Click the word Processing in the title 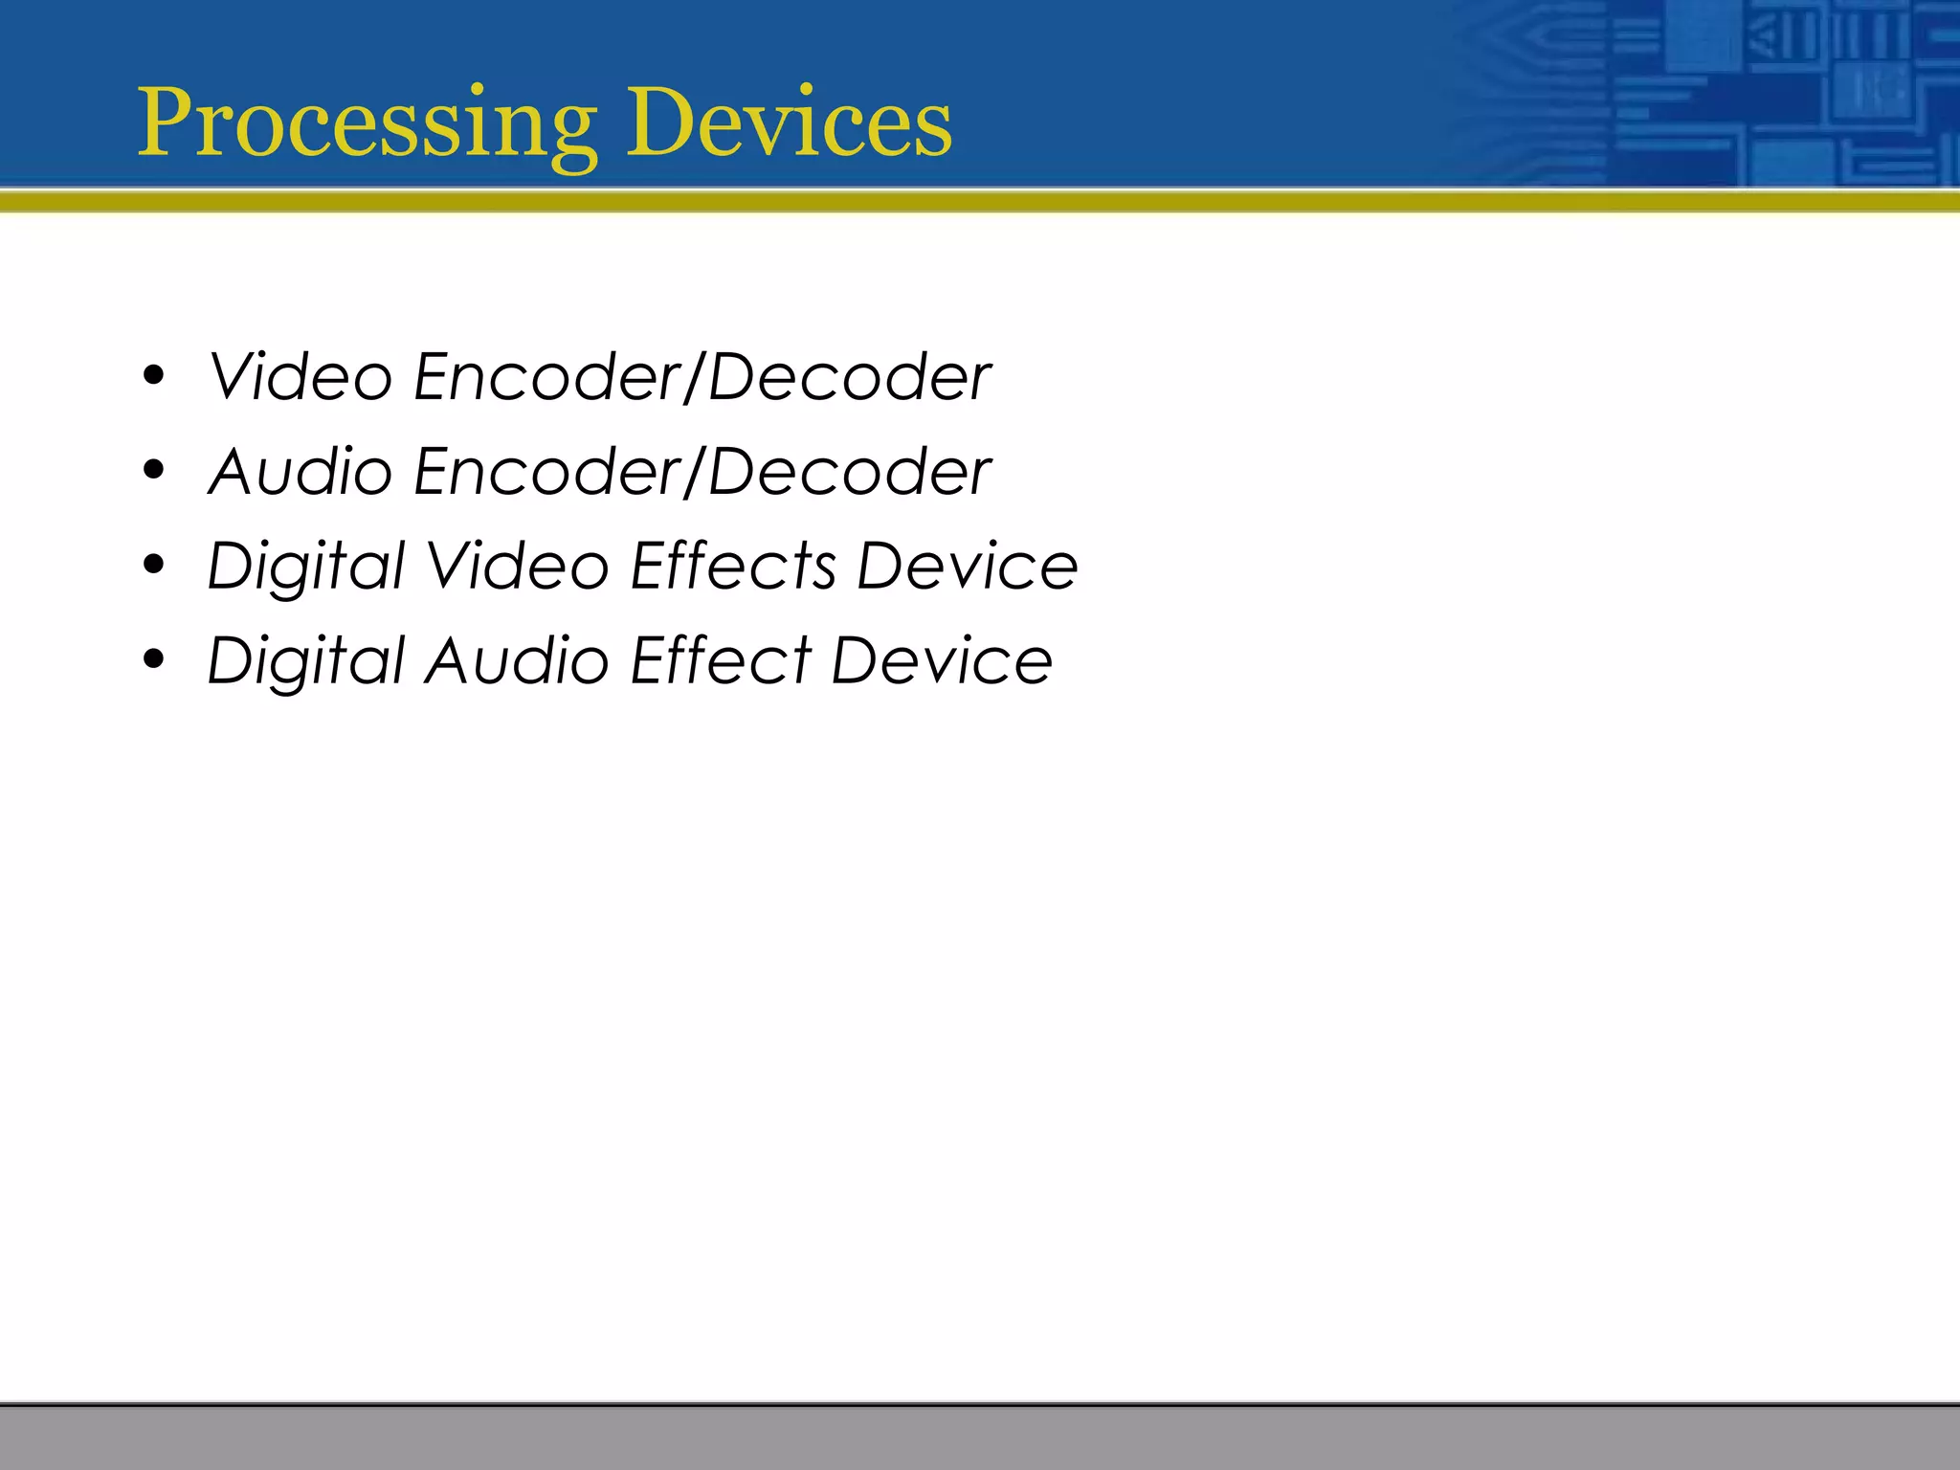point(368,124)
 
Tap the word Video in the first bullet point(300,377)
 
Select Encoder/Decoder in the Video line point(702,377)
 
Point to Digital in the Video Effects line point(306,568)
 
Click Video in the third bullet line point(517,566)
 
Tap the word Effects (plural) point(733,566)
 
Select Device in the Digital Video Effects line point(967,566)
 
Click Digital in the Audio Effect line point(306,662)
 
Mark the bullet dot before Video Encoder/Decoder point(153,376)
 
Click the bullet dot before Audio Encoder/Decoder point(153,471)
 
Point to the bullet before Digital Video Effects point(153,565)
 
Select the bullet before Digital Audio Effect point(153,659)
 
